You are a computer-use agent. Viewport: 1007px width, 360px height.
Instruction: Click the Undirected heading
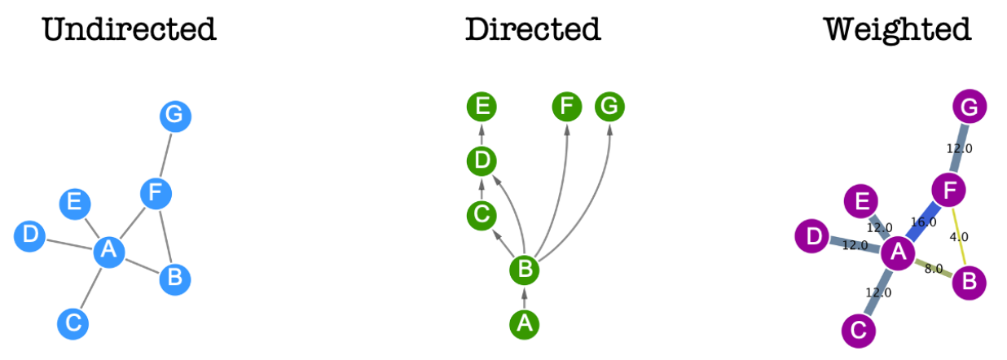pos(129,30)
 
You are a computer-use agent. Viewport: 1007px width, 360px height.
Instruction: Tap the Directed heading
pos(533,30)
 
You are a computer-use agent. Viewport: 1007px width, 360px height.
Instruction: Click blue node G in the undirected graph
pos(175,116)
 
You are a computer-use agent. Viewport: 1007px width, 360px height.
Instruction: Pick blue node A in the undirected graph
pos(108,252)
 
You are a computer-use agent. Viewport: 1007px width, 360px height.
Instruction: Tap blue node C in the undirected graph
pos(73,323)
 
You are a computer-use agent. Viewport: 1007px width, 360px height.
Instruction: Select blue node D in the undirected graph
pos(30,236)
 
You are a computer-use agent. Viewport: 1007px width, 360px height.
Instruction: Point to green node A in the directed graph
pos(525,323)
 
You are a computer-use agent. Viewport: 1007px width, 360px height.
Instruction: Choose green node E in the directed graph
pos(482,107)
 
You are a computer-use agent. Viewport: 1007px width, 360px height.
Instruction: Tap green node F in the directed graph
pos(567,107)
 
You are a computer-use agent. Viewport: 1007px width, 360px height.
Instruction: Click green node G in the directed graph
pos(610,107)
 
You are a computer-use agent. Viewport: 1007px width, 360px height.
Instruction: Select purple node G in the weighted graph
pos(970,107)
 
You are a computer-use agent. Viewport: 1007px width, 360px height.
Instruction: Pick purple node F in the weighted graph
pos(948,191)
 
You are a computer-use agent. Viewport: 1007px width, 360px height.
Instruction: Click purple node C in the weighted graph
pos(858,330)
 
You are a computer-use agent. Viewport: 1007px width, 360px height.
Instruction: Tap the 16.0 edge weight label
pos(923,222)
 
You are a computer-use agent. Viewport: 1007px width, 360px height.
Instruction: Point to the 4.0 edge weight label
pos(959,237)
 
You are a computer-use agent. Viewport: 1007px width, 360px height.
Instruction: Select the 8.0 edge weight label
pos(934,267)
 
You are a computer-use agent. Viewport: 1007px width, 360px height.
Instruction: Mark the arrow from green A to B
pos(525,297)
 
